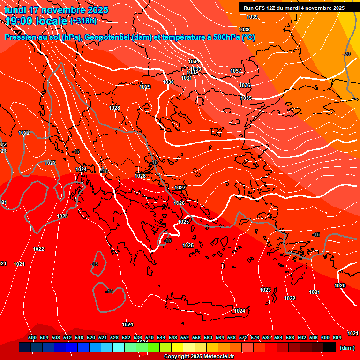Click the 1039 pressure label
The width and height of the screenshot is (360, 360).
(x=252, y=17)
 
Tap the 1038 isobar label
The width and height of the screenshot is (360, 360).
(x=244, y=30)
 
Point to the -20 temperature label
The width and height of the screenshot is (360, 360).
(x=346, y=54)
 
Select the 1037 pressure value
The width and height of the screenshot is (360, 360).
(x=236, y=71)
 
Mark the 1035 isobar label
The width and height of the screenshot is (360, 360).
(x=246, y=98)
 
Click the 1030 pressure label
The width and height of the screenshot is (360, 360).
(x=168, y=82)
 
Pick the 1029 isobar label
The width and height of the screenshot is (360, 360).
(x=145, y=87)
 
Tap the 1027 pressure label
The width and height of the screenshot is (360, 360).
(x=180, y=187)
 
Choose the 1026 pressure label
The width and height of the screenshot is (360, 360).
(x=179, y=203)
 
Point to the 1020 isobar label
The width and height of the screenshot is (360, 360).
(x=340, y=285)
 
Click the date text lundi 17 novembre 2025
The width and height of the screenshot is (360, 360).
(x=56, y=10)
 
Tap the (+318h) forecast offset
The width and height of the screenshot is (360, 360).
(x=83, y=21)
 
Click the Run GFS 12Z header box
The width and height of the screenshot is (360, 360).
(x=294, y=8)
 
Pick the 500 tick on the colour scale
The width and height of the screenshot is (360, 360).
(x=32, y=337)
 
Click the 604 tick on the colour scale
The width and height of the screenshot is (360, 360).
(x=337, y=337)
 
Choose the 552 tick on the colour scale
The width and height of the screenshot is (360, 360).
(x=185, y=337)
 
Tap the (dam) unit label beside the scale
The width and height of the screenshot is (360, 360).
(x=347, y=348)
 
